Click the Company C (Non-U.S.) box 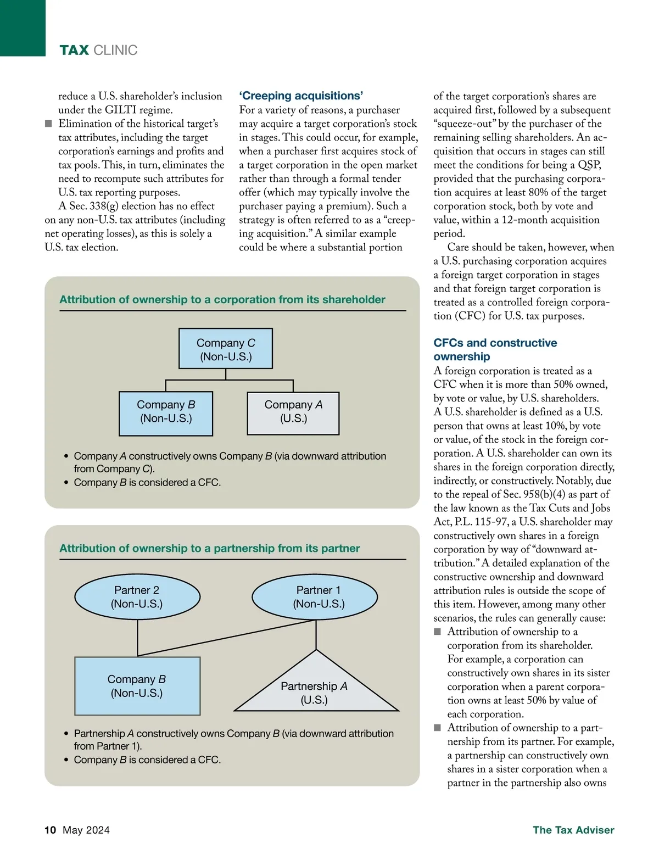pyautogui.click(x=226, y=349)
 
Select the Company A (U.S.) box pyautogui.click(x=293, y=413)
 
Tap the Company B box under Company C pyautogui.click(x=166, y=413)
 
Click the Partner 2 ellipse pyautogui.click(x=137, y=596)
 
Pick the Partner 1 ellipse pyautogui.click(x=315, y=596)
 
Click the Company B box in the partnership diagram pyautogui.click(x=137, y=686)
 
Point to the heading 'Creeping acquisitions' pyautogui.click(x=301, y=96)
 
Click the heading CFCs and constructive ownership pyautogui.click(x=495, y=349)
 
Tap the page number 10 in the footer pyautogui.click(x=51, y=830)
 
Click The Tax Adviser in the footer pyautogui.click(x=573, y=830)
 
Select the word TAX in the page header pyautogui.click(x=74, y=51)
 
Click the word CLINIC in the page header pyautogui.click(x=115, y=51)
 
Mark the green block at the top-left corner pyautogui.click(x=23, y=27)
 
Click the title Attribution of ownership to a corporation pyautogui.click(x=222, y=299)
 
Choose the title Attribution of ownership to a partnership pyautogui.click(x=210, y=548)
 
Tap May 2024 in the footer pyautogui.click(x=86, y=830)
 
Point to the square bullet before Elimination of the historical pyautogui.click(x=49, y=124)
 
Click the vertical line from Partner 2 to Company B pyautogui.click(x=137, y=637)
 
